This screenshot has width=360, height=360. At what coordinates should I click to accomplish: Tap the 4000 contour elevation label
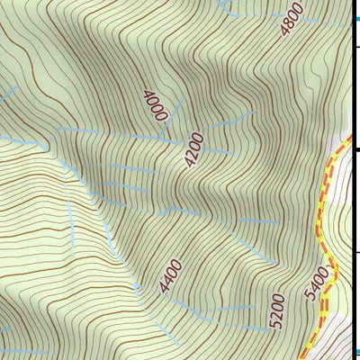(155, 103)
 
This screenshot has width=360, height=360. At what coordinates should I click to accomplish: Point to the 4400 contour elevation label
(170, 276)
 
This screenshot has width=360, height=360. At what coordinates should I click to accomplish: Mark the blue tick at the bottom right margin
(355, 352)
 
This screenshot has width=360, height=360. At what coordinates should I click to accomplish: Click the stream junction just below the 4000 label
(161, 137)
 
